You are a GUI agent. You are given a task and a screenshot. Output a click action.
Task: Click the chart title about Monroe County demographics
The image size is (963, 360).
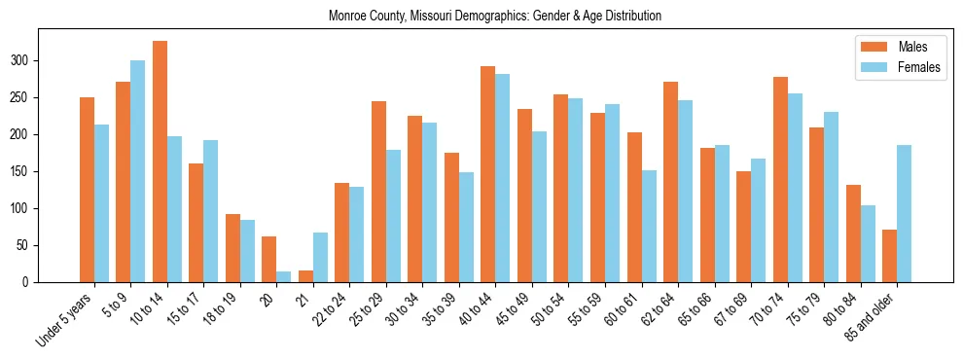coord(495,17)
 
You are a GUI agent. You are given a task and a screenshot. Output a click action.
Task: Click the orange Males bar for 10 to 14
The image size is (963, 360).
coord(160,162)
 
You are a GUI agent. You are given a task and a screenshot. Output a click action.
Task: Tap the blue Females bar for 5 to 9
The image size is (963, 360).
coord(138,171)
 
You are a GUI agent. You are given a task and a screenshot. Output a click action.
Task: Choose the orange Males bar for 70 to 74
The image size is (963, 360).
coord(780,179)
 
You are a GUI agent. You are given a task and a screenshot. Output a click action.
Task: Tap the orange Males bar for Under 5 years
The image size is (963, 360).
coord(87,190)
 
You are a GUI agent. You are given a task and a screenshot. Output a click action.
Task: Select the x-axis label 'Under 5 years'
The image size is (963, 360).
coord(65,316)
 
